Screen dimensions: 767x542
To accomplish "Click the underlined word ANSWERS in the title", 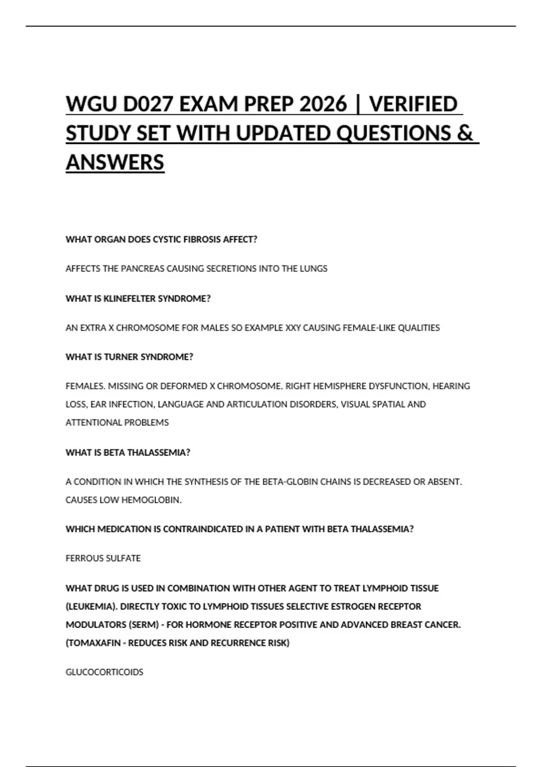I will click(x=115, y=162).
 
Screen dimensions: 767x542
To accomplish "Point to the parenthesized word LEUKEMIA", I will click(x=92, y=607).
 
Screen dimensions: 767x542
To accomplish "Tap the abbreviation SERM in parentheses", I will click(x=144, y=625).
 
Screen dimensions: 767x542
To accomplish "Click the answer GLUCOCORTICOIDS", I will click(x=104, y=672).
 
